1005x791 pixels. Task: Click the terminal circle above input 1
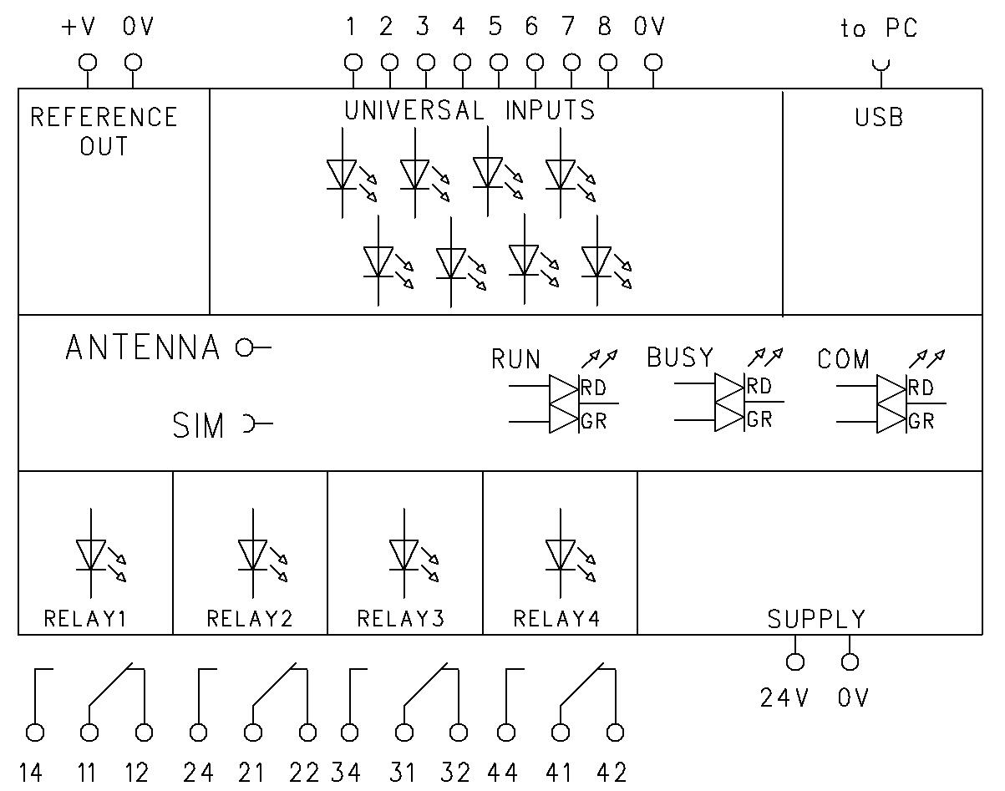353,62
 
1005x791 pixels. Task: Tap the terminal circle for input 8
608,62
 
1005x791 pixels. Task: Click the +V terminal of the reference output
87,62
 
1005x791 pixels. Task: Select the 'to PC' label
878,28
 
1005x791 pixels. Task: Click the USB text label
879,118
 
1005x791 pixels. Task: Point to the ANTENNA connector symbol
252,347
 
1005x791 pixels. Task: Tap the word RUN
515,360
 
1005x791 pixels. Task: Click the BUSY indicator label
680,357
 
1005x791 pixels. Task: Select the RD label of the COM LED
921,388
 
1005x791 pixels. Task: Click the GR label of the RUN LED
594,421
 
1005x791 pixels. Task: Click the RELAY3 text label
401,619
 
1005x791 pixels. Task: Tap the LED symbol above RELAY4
561,555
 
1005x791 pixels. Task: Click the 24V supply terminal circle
795,662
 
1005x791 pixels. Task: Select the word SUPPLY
816,619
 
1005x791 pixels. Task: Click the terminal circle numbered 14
35,733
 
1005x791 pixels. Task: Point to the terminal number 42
612,773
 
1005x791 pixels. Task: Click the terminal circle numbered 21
252,733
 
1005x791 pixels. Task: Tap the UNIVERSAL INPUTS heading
470,110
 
